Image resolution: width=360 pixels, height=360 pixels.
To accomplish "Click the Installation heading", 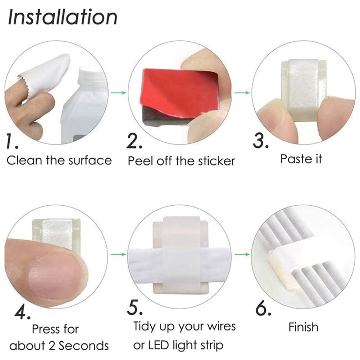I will (x=63, y=17).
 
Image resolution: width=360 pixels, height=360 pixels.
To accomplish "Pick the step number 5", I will (x=135, y=307).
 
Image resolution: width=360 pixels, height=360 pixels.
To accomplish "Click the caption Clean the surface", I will (x=59, y=160).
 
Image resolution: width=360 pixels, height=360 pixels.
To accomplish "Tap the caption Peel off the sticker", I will (x=181, y=161).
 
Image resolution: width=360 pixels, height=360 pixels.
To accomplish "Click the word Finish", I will (x=304, y=327).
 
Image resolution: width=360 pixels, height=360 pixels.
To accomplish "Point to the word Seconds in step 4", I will (x=83, y=346).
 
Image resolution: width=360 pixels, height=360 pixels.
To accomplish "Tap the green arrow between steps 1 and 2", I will (x=119, y=93).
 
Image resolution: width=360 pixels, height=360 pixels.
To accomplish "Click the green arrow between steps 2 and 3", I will (x=242, y=93).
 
